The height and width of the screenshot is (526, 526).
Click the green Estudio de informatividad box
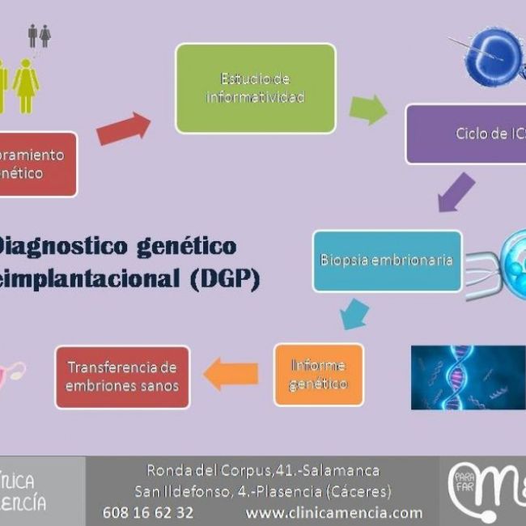click(255, 88)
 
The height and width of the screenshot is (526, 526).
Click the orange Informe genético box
click(318, 374)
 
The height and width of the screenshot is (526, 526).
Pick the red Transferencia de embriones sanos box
click(121, 377)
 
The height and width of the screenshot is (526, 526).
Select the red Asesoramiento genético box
click(36, 164)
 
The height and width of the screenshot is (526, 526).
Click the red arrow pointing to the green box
click(124, 129)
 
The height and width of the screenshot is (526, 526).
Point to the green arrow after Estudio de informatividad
click(368, 110)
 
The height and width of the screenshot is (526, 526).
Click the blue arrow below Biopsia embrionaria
click(354, 313)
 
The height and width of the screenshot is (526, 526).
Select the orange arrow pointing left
click(231, 374)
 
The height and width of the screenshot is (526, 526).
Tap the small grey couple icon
click(39, 36)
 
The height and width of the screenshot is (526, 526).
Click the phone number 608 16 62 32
click(148, 512)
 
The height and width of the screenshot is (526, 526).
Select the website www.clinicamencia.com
click(333, 512)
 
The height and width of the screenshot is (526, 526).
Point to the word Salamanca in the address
click(340, 470)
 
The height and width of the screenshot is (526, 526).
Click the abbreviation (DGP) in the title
click(225, 279)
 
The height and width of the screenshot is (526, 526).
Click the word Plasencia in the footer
click(272, 491)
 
